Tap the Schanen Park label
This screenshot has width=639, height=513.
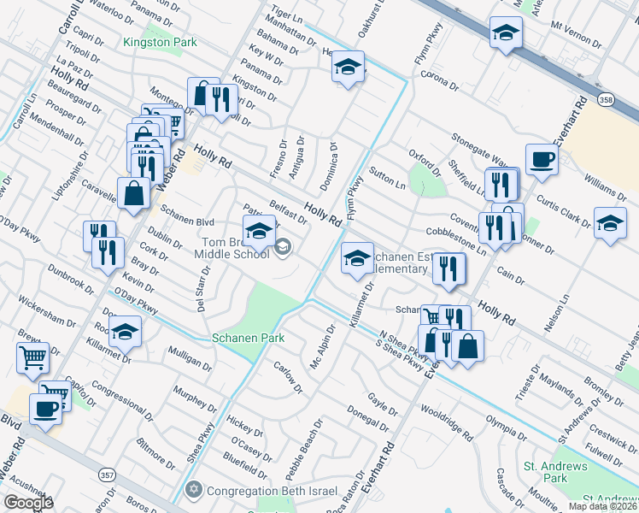pos(249,338)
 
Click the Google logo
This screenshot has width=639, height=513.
pos(27,503)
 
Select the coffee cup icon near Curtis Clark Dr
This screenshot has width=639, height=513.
pos(542,159)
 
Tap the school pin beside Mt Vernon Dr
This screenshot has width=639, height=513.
pos(506,32)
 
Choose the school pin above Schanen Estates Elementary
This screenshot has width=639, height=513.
pos(357,257)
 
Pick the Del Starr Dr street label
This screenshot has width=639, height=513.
pos(202,292)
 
